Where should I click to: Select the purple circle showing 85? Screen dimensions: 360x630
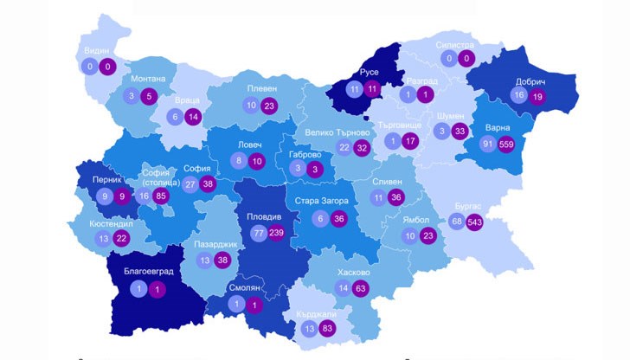pos(162,196)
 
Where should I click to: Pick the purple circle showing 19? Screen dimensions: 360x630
pos(537,95)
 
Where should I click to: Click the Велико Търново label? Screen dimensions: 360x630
pos(337,132)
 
